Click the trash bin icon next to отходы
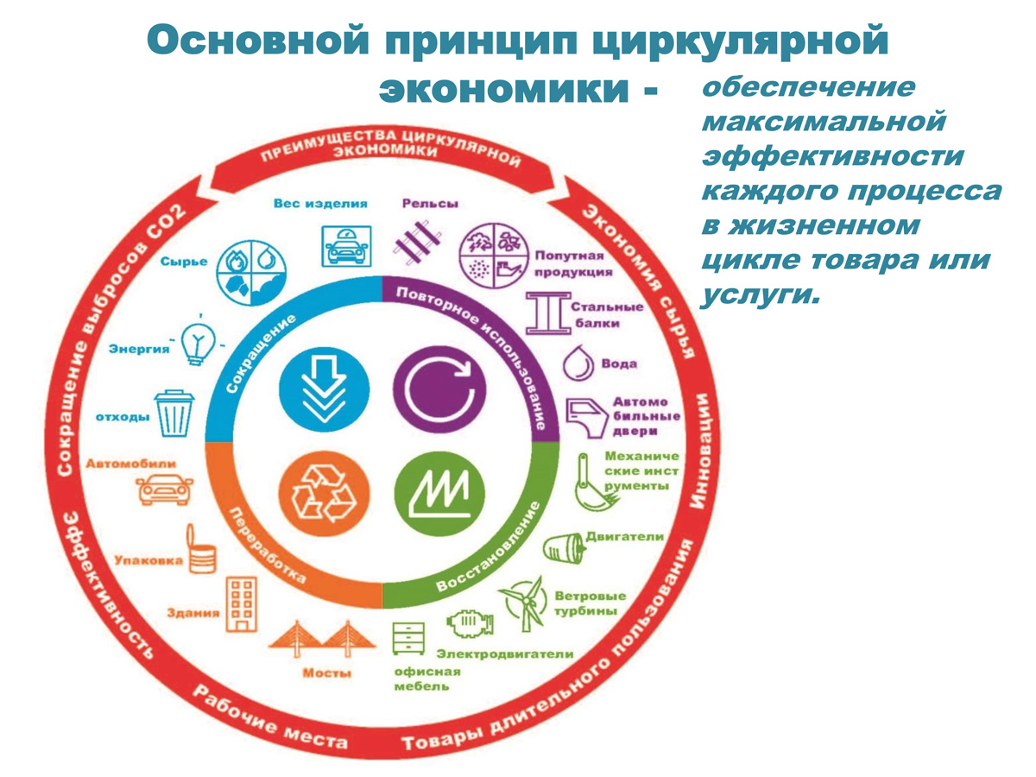[174, 414]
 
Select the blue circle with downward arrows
[324, 389]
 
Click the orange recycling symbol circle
[324, 494]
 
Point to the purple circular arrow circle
[439, 389]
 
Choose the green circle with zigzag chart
[439, 494]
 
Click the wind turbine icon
[522, 603]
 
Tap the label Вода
[619, 363]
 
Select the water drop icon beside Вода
[578, 363]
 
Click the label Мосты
[326, 673]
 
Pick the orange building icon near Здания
[242, 604]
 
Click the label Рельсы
[430, 204]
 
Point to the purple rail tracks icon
[417, 243]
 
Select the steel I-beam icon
[548, 313]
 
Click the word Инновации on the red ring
[704, 451]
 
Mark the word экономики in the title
[504, 89]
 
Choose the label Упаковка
[148, 561]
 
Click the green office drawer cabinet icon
[408, 638]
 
